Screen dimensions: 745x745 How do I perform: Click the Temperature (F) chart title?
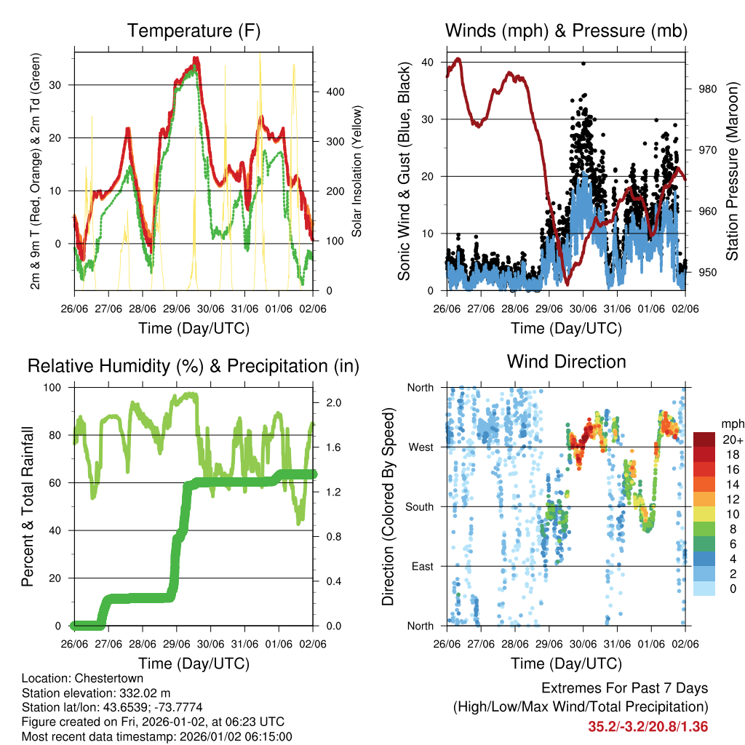(194, 31)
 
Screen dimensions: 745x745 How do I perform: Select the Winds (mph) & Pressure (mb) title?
(566, 31)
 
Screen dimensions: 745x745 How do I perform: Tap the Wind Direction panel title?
(566, 362)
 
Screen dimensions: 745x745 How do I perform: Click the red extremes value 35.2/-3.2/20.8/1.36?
(648, 726)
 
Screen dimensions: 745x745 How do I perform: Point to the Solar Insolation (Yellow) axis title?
(357, 172)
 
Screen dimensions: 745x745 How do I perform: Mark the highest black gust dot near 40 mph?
(583, 63)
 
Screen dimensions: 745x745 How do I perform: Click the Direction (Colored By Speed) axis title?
(388, 506)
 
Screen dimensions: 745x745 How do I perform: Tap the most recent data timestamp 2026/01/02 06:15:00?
(229, 736)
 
